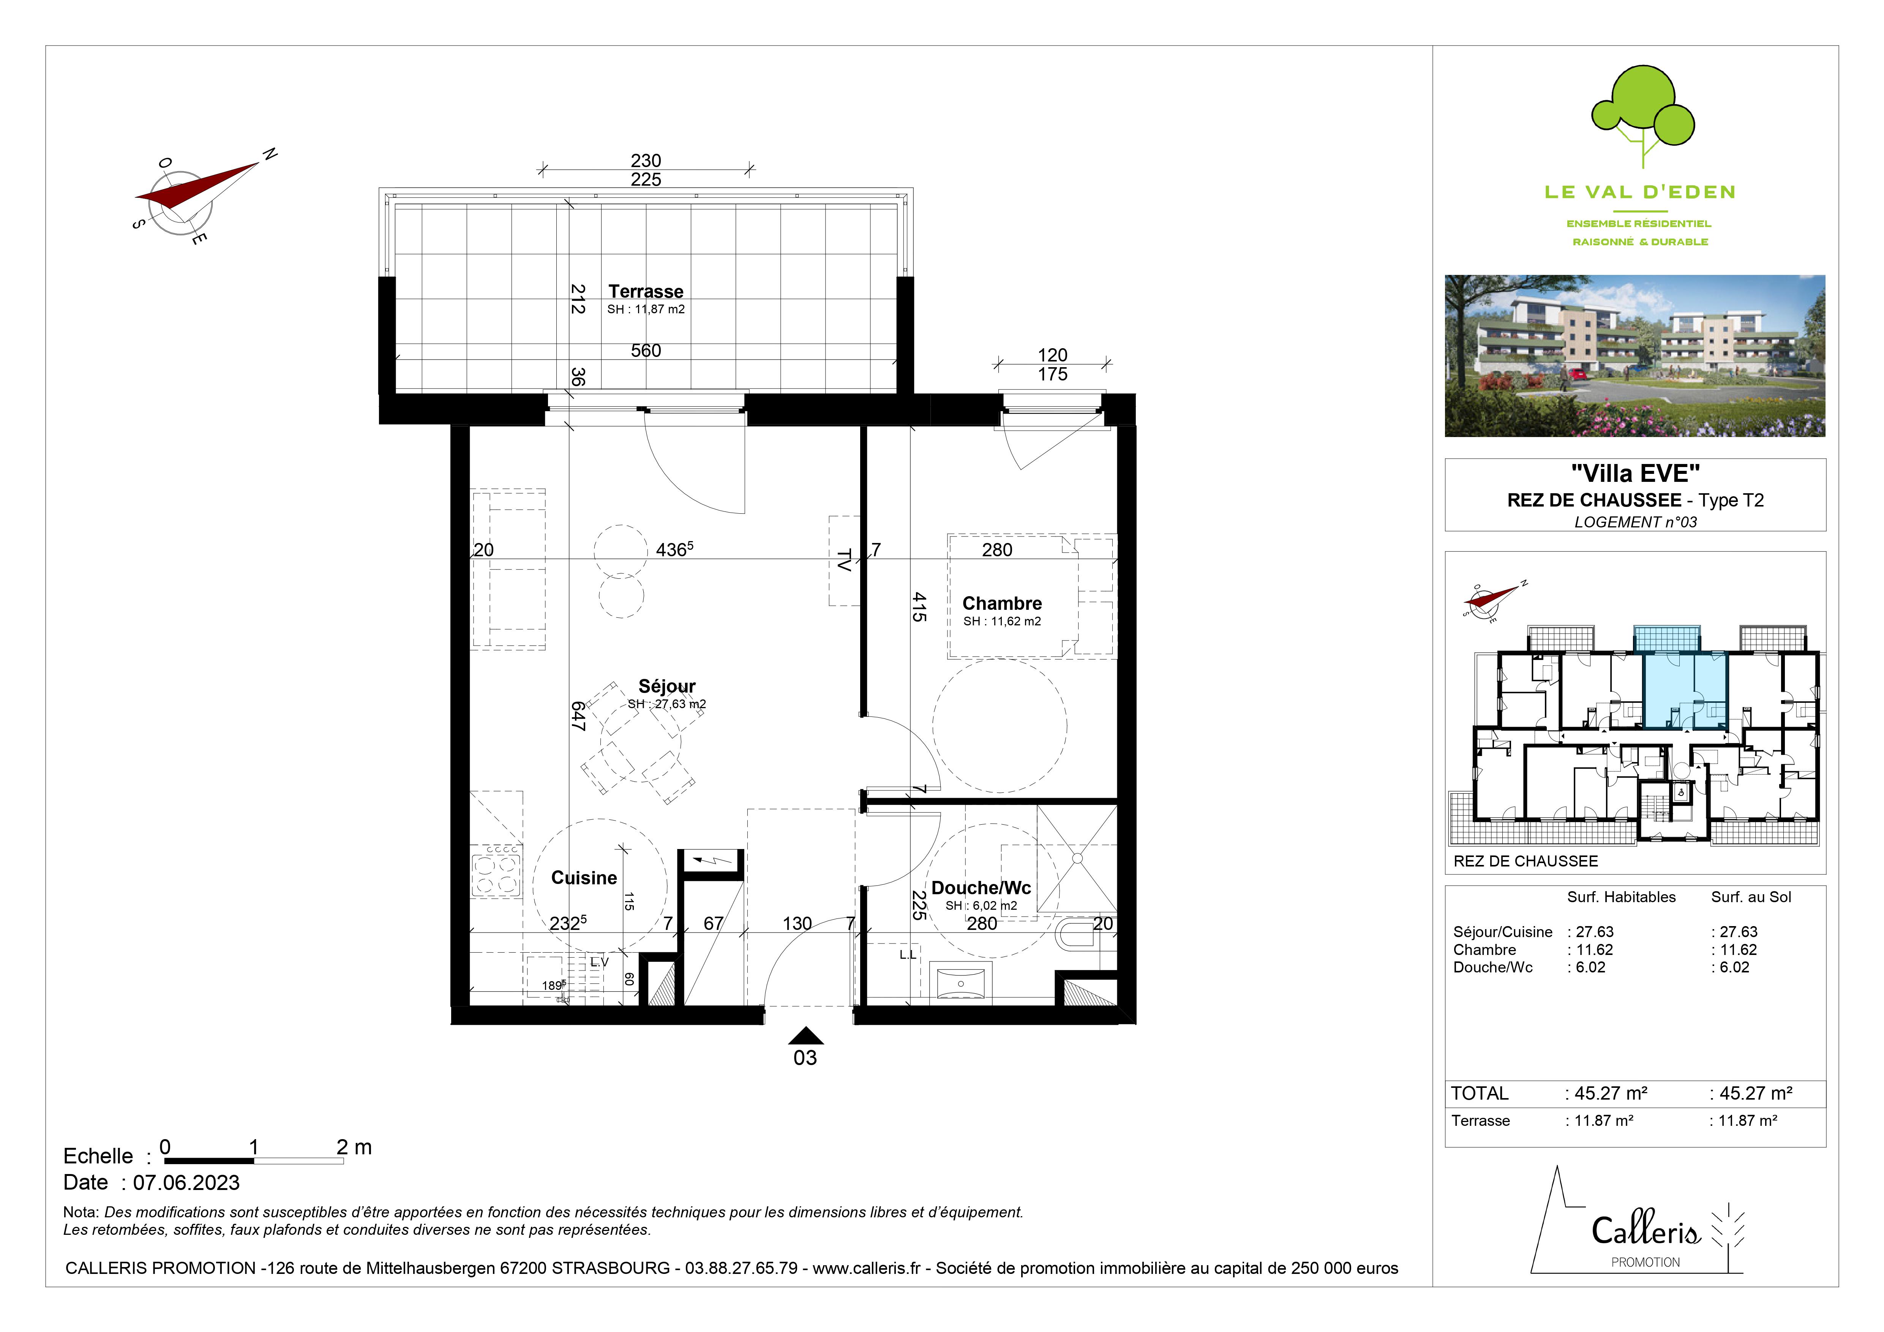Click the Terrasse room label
[646, 291]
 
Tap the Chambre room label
[1002, 604]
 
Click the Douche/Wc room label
[981, 887]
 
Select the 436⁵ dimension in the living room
[674, 549]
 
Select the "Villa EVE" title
[1635, 473]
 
